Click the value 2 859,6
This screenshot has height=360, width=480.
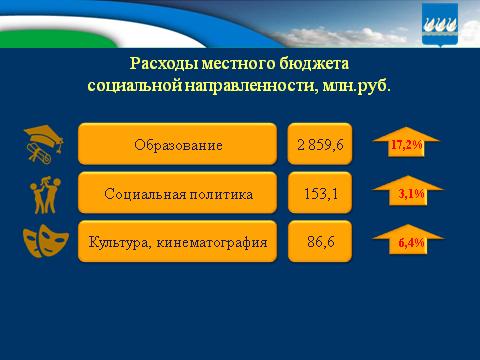coord(320,145)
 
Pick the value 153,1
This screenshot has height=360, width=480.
coord(320,193)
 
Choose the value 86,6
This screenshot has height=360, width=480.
coord(320,241)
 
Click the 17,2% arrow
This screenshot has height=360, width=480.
coord(404,145)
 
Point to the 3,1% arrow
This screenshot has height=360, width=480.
coord(404,194)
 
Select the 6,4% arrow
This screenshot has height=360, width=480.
coord(404,242)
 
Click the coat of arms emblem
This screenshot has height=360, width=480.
coord(443,24)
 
